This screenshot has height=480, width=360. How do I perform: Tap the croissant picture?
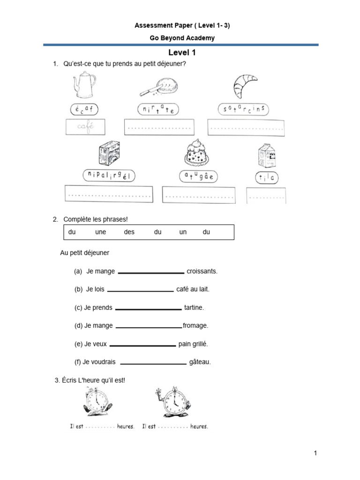(x=245, y=84)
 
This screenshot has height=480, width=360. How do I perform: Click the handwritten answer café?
(x=86, y=127)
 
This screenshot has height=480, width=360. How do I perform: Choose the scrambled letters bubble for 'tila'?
(x=266, y=178)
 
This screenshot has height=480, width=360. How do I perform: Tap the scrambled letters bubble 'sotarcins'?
(x=244, y=109)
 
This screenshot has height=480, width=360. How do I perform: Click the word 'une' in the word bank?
(x=101, y=232)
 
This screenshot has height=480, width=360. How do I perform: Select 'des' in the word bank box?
(x=129, y=232)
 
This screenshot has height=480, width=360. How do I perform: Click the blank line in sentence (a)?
(x=151, y=272)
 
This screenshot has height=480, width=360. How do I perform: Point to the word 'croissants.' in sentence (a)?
(x=202, y=271)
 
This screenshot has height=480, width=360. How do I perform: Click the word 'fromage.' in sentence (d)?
(x=195, y=325)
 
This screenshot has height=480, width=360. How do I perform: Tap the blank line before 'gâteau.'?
(x=153, y=363)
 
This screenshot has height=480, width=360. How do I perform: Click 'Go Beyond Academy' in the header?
(x=182, y=38)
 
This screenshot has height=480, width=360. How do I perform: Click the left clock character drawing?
(x=97, y=404)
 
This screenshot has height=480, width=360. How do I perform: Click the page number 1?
(x=316, y=453)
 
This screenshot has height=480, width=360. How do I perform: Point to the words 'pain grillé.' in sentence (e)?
(x=193, y=344)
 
